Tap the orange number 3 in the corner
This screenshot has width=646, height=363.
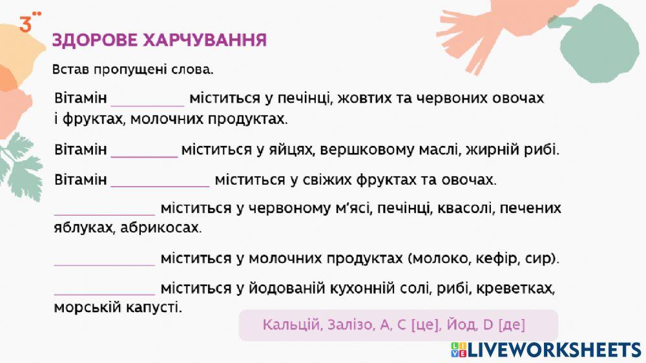(26, 25)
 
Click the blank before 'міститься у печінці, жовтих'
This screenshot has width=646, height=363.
(148, 98)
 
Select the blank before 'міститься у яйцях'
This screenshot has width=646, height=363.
(144, 150)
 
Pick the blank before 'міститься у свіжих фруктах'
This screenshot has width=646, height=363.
(160, 179)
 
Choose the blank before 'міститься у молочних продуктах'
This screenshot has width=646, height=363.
(105, 258)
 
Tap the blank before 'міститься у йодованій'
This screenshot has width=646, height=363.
(105, 287)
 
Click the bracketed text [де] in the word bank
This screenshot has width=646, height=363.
(512, 325)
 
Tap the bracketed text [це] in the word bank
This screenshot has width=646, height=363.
(424, 325)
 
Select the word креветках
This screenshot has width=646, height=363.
(524, 287)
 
